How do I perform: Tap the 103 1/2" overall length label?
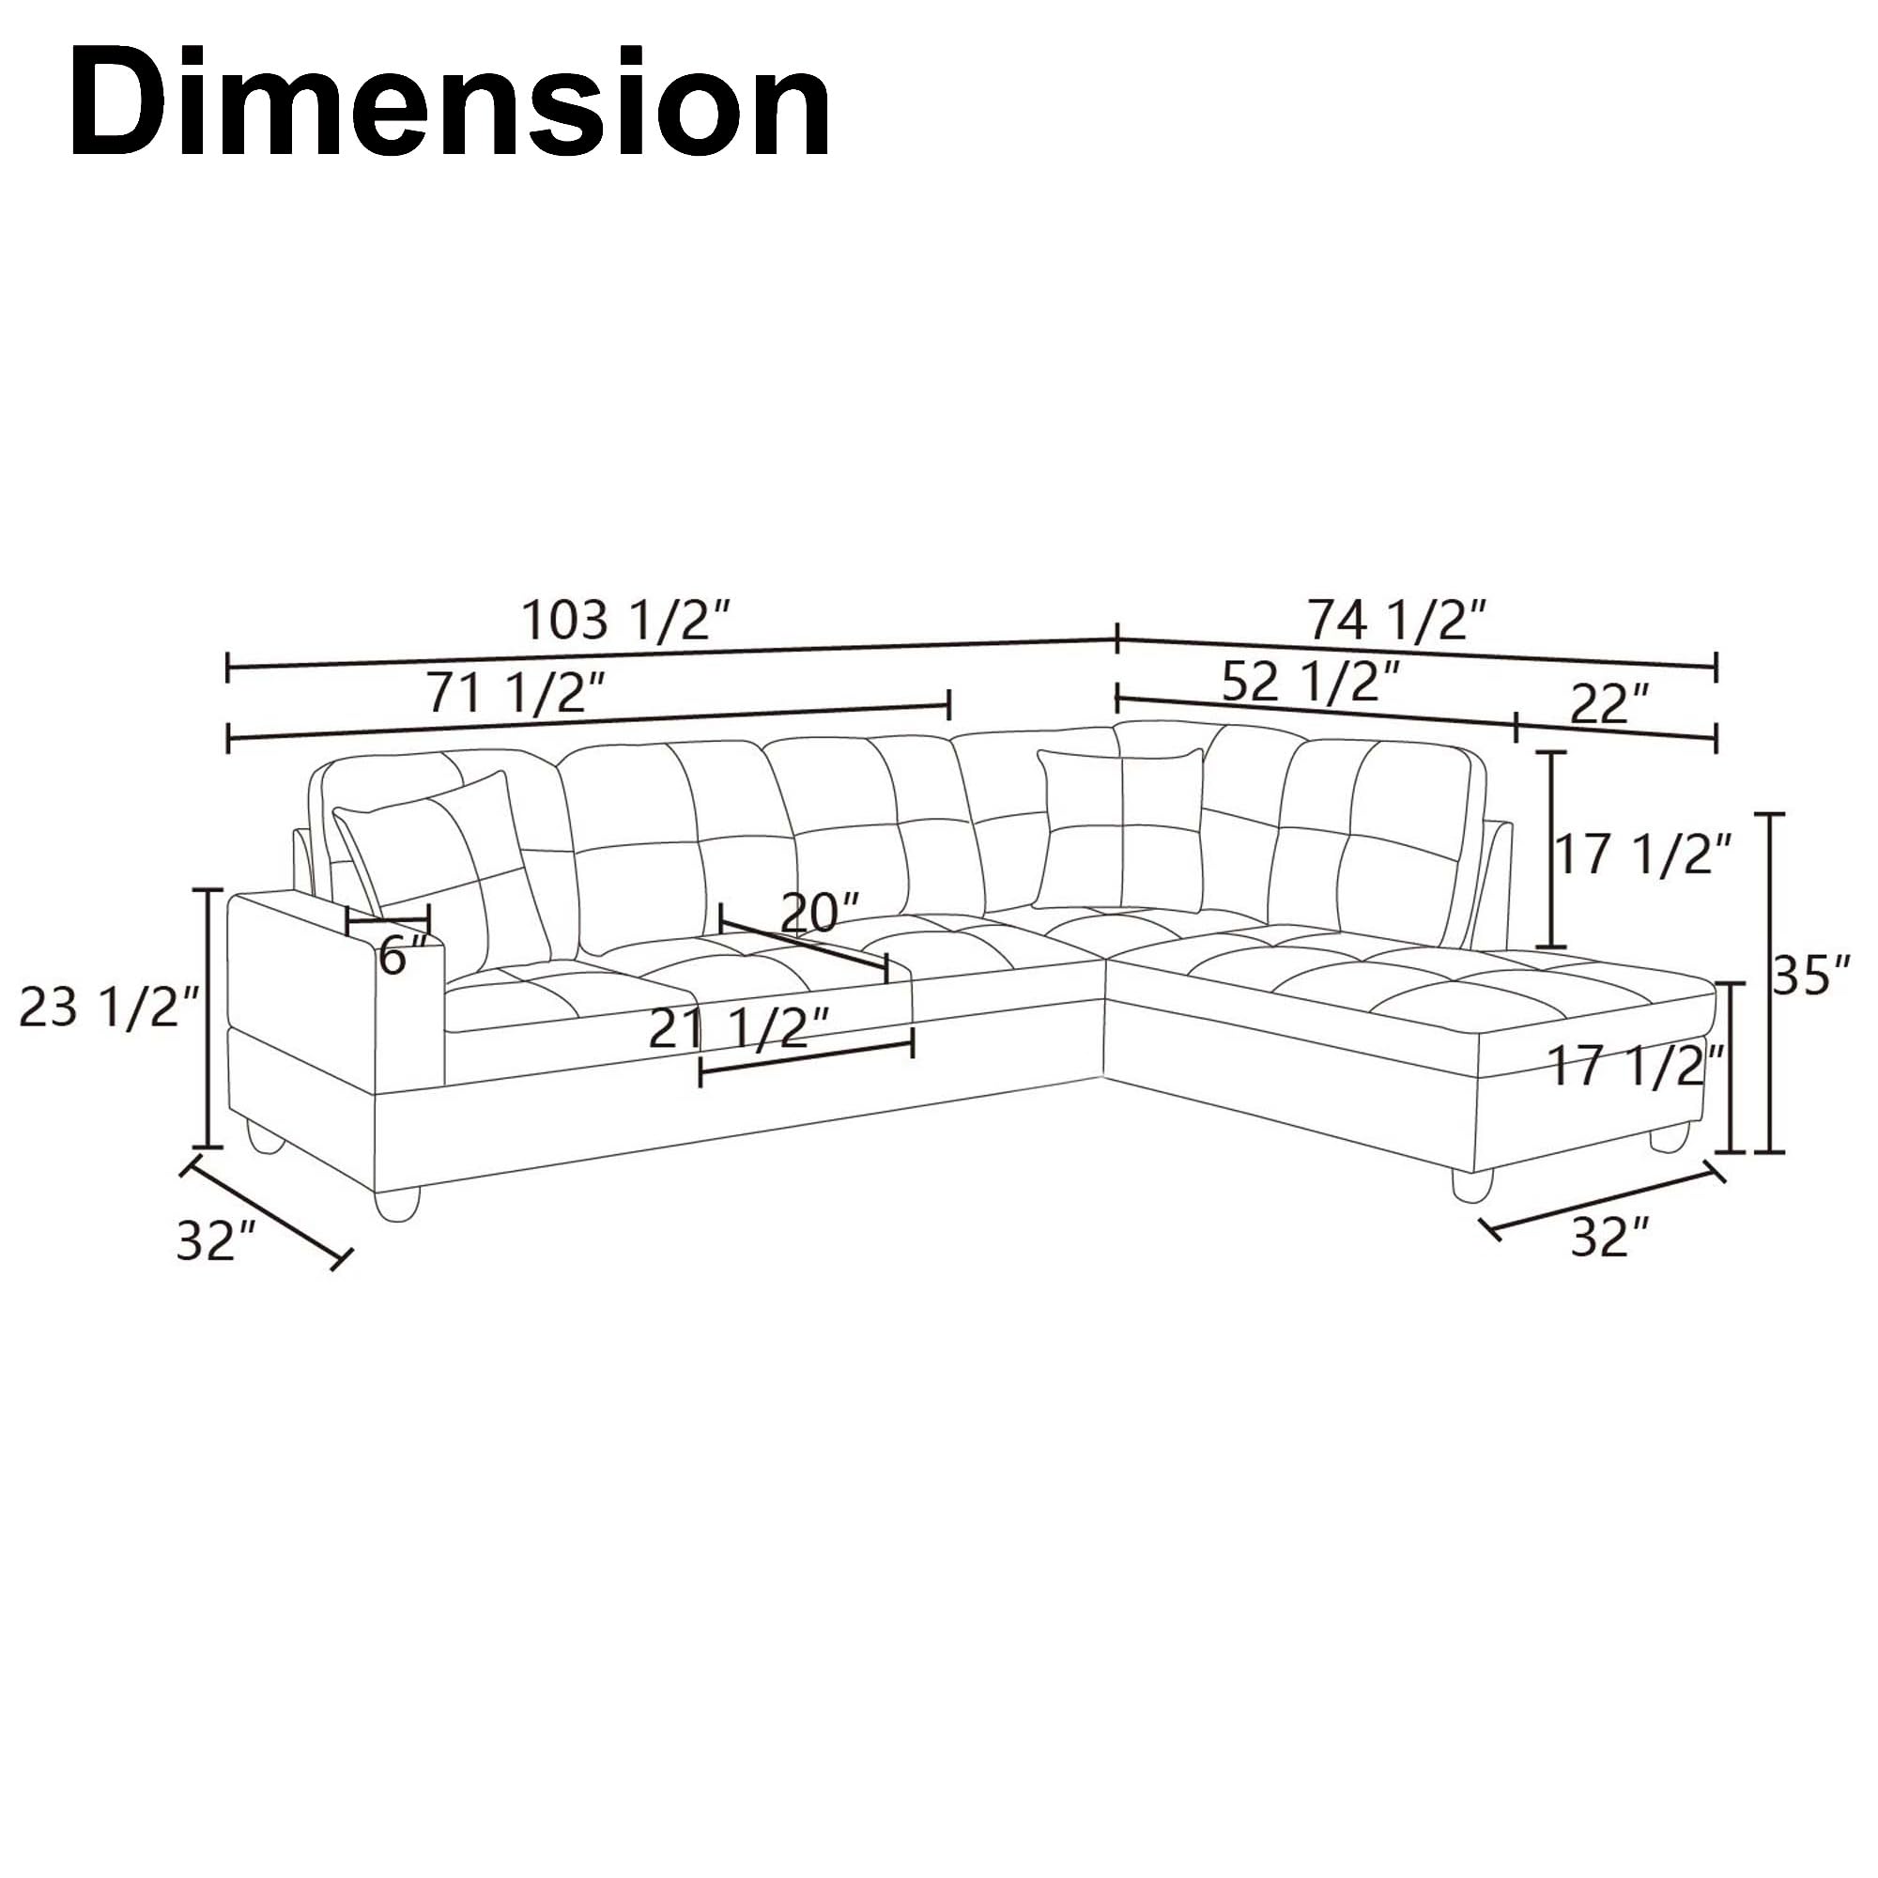point(627,619)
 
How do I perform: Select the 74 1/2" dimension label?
point(1398,619)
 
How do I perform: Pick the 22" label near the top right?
point(1609,703)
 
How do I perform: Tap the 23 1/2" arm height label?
point(110,1006)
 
